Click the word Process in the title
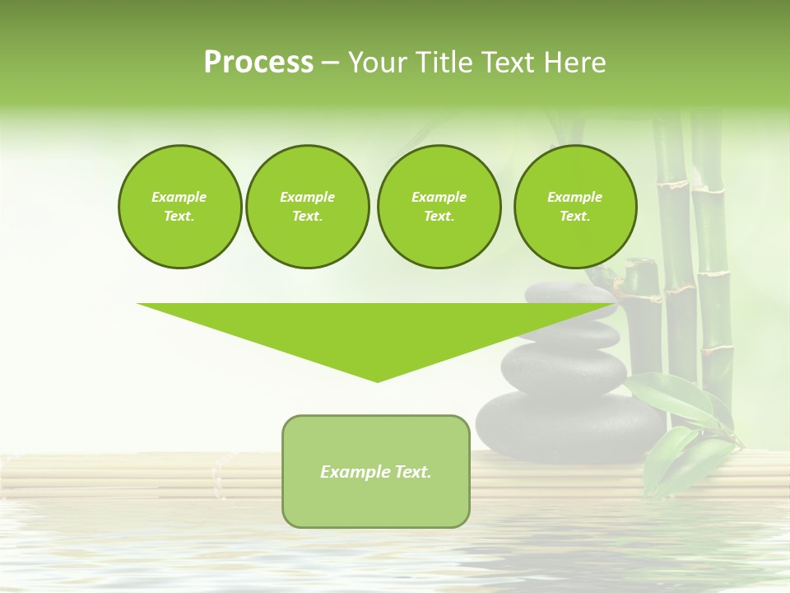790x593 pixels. click(258, 63)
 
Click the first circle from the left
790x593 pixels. click(179, 207)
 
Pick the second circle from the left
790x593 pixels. click(307, 207)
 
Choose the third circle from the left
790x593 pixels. click(439, 207)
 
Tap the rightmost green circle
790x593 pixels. click(574, 207)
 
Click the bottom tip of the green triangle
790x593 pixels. click(377, 380)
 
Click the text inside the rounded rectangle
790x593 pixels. click(376, 472)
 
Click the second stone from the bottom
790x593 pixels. click(565, 367)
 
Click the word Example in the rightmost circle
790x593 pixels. click(574, 197)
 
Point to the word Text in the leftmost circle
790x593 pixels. click(179, 217)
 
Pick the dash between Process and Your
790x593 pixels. click(330, 63)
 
